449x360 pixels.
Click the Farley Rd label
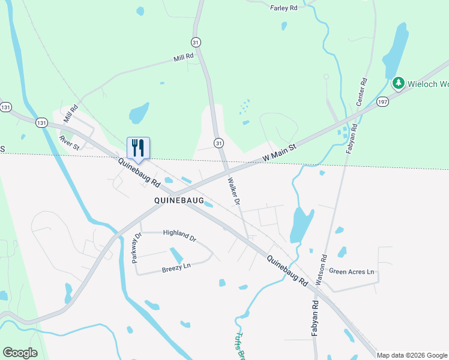pos(284,8)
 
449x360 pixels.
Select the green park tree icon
pos(397,83)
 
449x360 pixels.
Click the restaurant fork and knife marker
pos(138,148)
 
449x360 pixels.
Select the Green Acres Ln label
pos(351,272)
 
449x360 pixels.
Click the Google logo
pos(20,353)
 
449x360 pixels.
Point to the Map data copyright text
pos(412,355)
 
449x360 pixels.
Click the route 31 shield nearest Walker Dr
pos(219,143)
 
